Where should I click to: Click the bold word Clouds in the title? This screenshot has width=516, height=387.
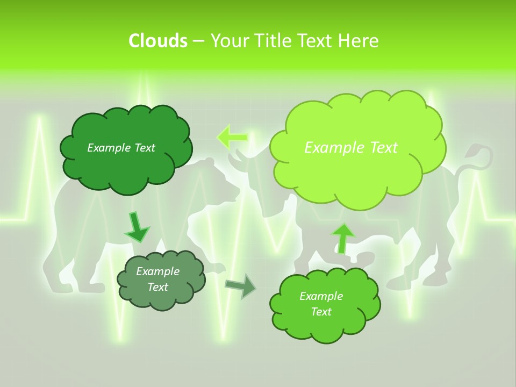pos(157,41)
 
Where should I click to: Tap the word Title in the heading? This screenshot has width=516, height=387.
pos(274,41)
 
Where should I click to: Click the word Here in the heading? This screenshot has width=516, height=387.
pos(358,41)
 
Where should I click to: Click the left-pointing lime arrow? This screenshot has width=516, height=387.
pos(232,137)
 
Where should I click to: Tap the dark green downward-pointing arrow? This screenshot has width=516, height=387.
pos(137,227)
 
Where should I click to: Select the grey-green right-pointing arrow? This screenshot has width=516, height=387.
pos(240,286)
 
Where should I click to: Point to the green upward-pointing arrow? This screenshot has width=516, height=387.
pos(342,237)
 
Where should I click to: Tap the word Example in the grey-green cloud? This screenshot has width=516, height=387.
pos(157,271)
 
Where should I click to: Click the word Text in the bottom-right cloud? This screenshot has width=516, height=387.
pos(321,312)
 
